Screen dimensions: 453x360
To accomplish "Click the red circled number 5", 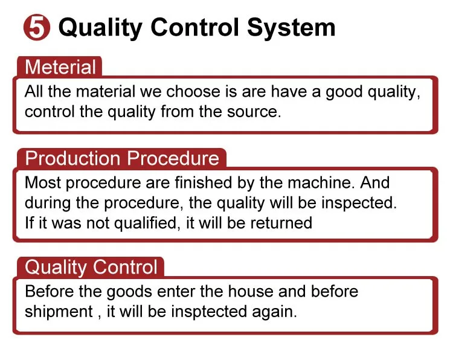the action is [37, 27].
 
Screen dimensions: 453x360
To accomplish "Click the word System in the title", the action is [291, 28].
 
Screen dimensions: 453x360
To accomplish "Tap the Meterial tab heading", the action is [60, 67].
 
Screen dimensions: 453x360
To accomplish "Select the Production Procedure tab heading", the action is [122, 158].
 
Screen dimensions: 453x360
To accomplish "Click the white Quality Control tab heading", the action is [91, 267].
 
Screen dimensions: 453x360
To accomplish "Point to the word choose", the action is [193, 92].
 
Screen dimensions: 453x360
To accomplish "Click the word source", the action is [254, 112].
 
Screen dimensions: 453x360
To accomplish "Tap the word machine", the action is [321, 182].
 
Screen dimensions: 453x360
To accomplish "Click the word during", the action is [48, 203].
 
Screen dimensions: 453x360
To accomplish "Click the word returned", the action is [281, 223].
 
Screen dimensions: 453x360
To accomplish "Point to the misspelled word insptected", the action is [209, 312].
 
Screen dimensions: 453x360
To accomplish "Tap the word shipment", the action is [59, 312].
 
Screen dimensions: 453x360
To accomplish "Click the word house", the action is [251, 292].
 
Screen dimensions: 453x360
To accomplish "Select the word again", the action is [274, 313].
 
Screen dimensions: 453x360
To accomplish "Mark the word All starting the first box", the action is [33, 92].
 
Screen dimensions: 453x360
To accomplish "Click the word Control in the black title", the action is [195, 27].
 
